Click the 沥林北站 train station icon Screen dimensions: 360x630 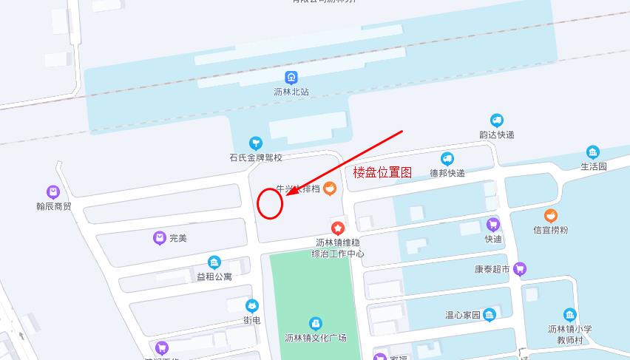pos(291,77)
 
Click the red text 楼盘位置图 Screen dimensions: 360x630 pos(382,172)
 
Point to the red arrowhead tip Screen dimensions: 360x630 pos(288,196)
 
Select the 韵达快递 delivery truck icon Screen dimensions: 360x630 pos(496,120)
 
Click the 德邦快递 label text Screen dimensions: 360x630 pos(447,173)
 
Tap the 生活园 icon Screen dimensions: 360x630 pos(592,152)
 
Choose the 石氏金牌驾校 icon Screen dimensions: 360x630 pos(255,143)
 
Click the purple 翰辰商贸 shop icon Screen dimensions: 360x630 pos(53,192)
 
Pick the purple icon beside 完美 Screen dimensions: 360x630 pos(159,238)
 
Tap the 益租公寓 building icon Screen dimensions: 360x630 pos(214,262)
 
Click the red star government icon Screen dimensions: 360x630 pos(338,228)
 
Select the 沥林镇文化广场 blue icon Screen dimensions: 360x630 pos(316,323)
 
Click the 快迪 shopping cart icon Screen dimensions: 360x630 pos(493,225)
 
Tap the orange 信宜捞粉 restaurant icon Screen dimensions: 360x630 pos(551,216)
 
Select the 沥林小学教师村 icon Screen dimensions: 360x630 pos(569,315)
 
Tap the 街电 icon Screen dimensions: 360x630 pos(252,306)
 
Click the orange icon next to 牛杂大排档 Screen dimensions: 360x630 pos(331,189)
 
